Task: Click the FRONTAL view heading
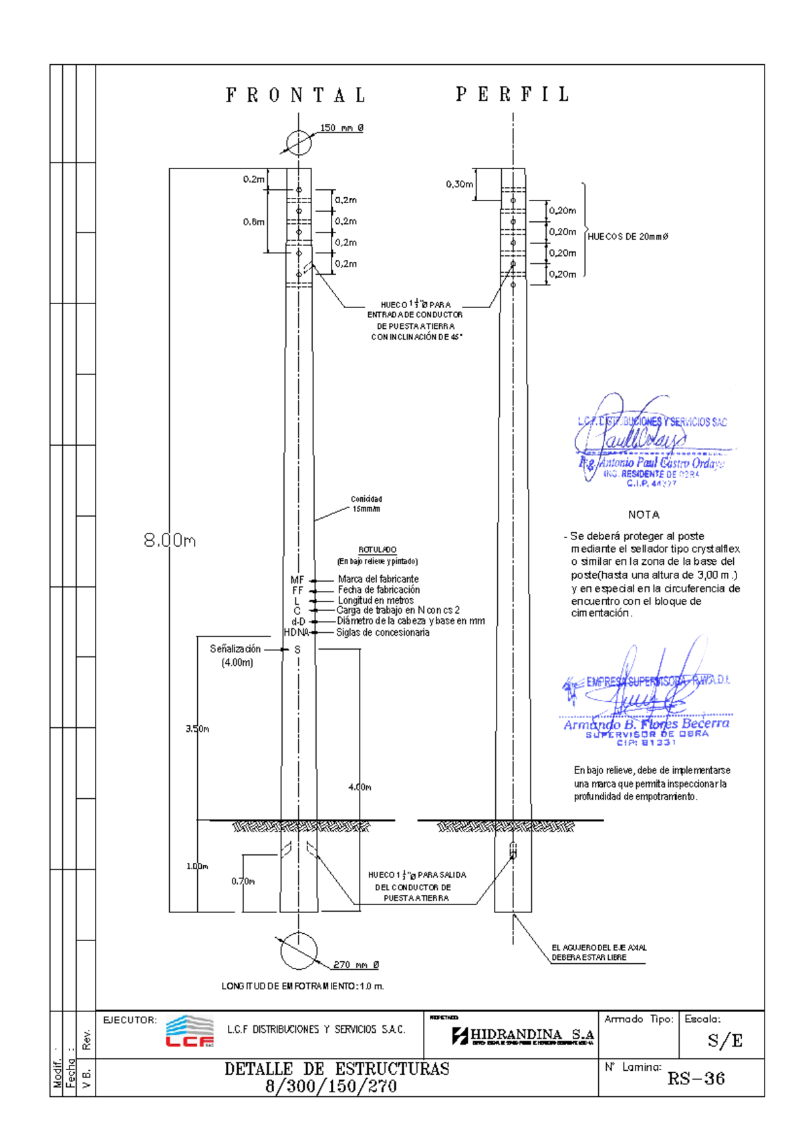point(296,96)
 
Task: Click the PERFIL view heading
point(513,95)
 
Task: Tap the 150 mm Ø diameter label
point(342,128)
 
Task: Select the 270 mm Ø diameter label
point(356,965)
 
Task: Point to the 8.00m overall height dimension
point(170,540)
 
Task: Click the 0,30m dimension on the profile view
point(459,184)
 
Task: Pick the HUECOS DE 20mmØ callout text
point(628,237)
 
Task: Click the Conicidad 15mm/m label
point(366,504)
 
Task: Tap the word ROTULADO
point(378,549)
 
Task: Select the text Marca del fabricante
point(378,579)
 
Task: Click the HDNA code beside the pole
point(296,632)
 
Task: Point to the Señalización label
point(235,649)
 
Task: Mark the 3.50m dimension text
point(198,729)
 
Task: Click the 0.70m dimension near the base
point(243,881)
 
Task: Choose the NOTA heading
point(644,515)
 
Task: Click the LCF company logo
point(190,1031)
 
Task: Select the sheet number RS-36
point(696,1078)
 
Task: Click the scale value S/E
point(725,1040)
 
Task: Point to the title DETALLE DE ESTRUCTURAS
point(337,1069)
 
